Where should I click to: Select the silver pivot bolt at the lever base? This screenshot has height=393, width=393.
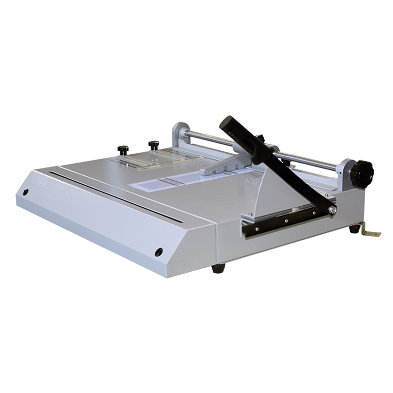(333, 210)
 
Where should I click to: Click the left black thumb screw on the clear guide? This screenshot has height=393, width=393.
(123, 149)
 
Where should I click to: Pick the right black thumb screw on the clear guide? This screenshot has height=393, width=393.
(154, 145)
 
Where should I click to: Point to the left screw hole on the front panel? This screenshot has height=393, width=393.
(26, 192)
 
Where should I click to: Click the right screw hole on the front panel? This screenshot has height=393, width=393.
(159, 252)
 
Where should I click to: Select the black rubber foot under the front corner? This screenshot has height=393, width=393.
(218, 268)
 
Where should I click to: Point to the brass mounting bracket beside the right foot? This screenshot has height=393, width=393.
(370, 230)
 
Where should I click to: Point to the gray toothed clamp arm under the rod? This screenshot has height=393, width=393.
(224, 167)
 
